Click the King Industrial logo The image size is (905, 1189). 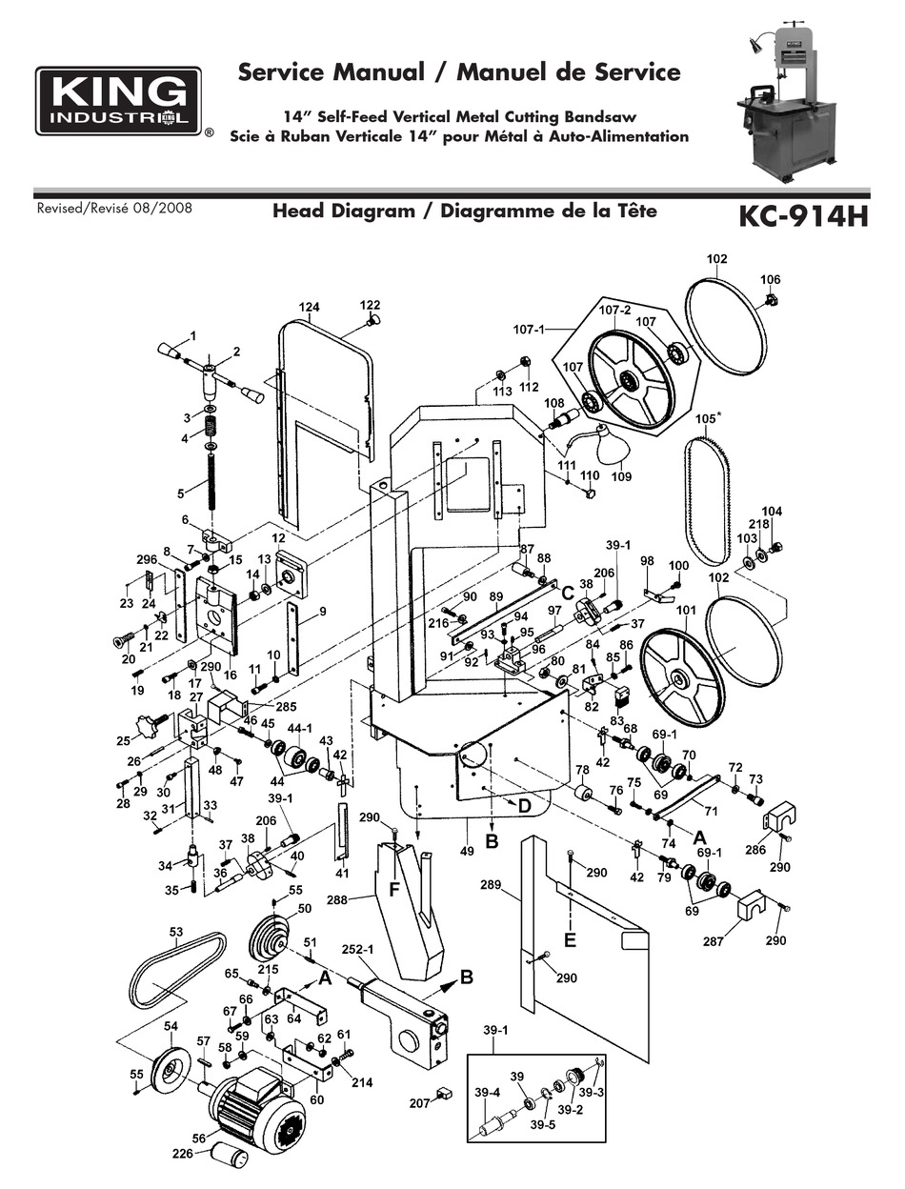(x=118, y=101)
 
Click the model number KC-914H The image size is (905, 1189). (x=803, y=216)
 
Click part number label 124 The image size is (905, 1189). (x=309, y=307)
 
